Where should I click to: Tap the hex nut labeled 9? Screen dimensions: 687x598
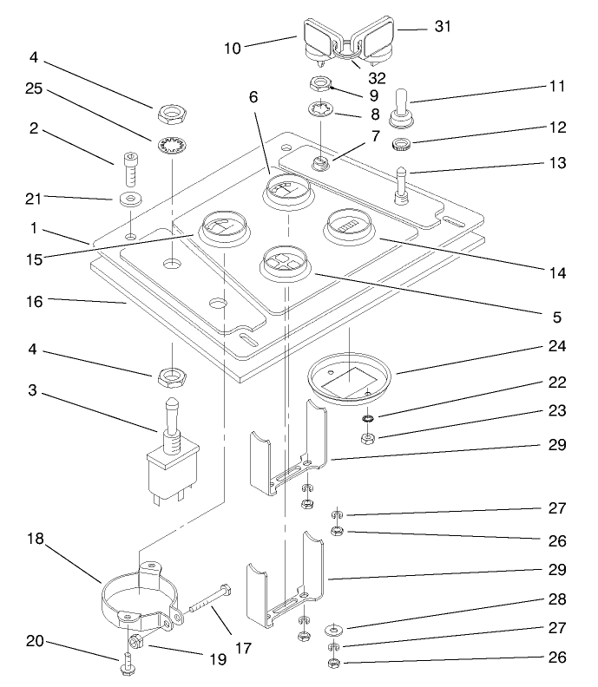[x=321, y=85]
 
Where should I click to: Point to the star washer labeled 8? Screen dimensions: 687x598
[x=321, y=111]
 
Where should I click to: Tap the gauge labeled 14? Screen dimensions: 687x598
[x=350, y=227]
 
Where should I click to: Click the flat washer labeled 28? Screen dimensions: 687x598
[x=333, y=627]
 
